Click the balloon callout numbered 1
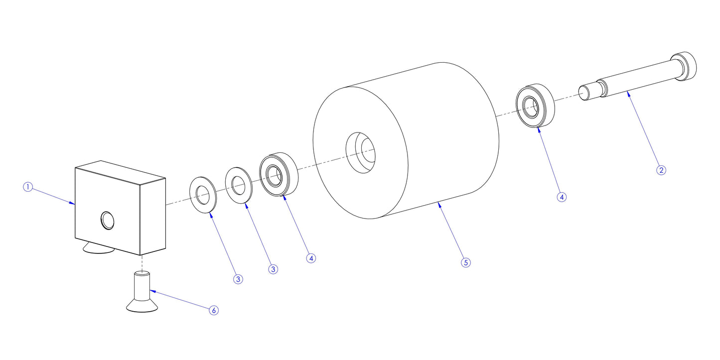[x=28, y=187]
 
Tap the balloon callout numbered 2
[x=661, y=170]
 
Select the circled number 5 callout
[x=466, y=262]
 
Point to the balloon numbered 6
[x=213, y=310]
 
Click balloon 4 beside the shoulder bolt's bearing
[x=562, y=197]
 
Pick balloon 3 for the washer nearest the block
[x=238, y=279]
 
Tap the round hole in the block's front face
[x=107, y=220]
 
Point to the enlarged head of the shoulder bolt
[x=685, y=66]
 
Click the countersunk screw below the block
[x=142, y=294]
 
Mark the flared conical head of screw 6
[x=142, y=305]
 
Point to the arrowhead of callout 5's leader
[x=438, y=203]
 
